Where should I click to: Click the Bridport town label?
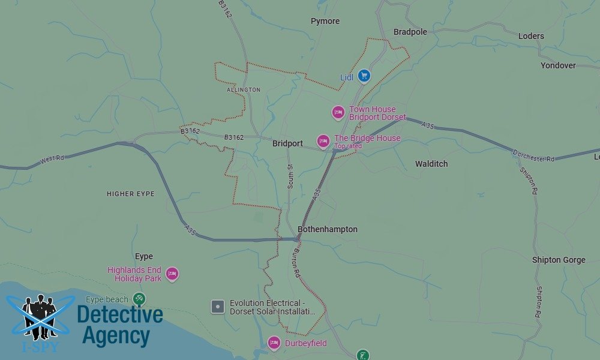[287, 144]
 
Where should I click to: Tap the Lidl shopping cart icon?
[364, 76]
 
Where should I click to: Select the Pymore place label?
[325, 21]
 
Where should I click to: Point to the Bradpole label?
[410, 32]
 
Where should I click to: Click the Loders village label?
[531, 36]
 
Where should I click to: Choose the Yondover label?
[558, 65]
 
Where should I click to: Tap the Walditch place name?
[431, 164]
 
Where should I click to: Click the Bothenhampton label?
[328, 229]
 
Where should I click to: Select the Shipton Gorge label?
[559, 260]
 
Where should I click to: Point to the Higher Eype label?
[131, 194]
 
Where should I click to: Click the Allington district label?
[244, 90]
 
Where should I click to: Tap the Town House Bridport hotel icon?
[338, 112]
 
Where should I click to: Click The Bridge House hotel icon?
[323, 141]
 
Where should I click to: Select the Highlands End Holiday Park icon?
[172, 274]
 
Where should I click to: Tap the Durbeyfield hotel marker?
[274, 343]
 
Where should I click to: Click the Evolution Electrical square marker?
[218, 307]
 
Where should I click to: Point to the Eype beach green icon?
[139, 298]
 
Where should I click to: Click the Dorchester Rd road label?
[534, 155]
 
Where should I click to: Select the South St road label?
[289, 177]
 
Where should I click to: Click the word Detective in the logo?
[120, 314]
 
